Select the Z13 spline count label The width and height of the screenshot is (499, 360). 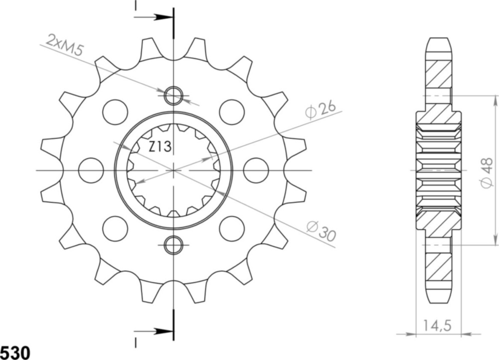tap(160, 147)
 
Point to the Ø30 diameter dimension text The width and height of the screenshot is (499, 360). tap(320, 231)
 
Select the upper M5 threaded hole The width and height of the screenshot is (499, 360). tap(174, 95)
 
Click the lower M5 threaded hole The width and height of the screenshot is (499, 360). tap(174, 244)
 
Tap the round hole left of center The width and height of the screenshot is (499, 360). tap(91, 170)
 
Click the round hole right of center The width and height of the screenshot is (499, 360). tap(256, 170)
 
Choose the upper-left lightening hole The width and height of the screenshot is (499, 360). tap(115, 112)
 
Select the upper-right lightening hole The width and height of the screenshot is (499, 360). tap(232, 112)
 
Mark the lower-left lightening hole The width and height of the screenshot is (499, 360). tap(115, 228)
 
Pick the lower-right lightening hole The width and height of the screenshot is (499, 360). tap(232, 228)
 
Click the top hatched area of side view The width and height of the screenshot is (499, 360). tap(438, 75)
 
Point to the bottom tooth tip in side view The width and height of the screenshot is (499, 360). tap(438, 297)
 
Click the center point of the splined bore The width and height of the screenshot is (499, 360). tap(174, 170)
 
